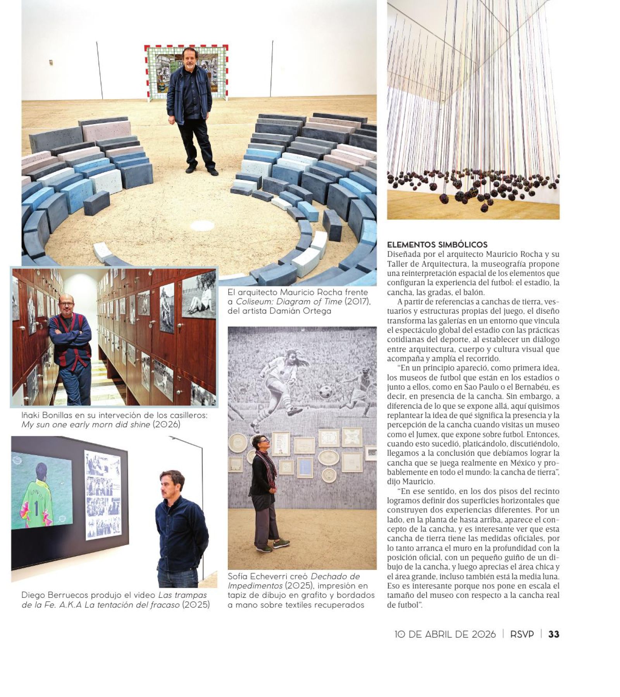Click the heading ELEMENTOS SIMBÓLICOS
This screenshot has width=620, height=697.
tap(437, 245)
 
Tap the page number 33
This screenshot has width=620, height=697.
tap(554, 634)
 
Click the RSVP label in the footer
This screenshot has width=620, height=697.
tap(522, 634)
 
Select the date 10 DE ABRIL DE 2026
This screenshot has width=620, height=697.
tap(445, 634)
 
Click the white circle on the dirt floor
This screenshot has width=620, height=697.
tap(202, 225)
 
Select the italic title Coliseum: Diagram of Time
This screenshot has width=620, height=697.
tap(289, 301)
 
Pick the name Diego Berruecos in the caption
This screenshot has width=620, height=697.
tap(55, 595)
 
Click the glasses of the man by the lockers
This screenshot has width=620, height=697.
tap(66, 304)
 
